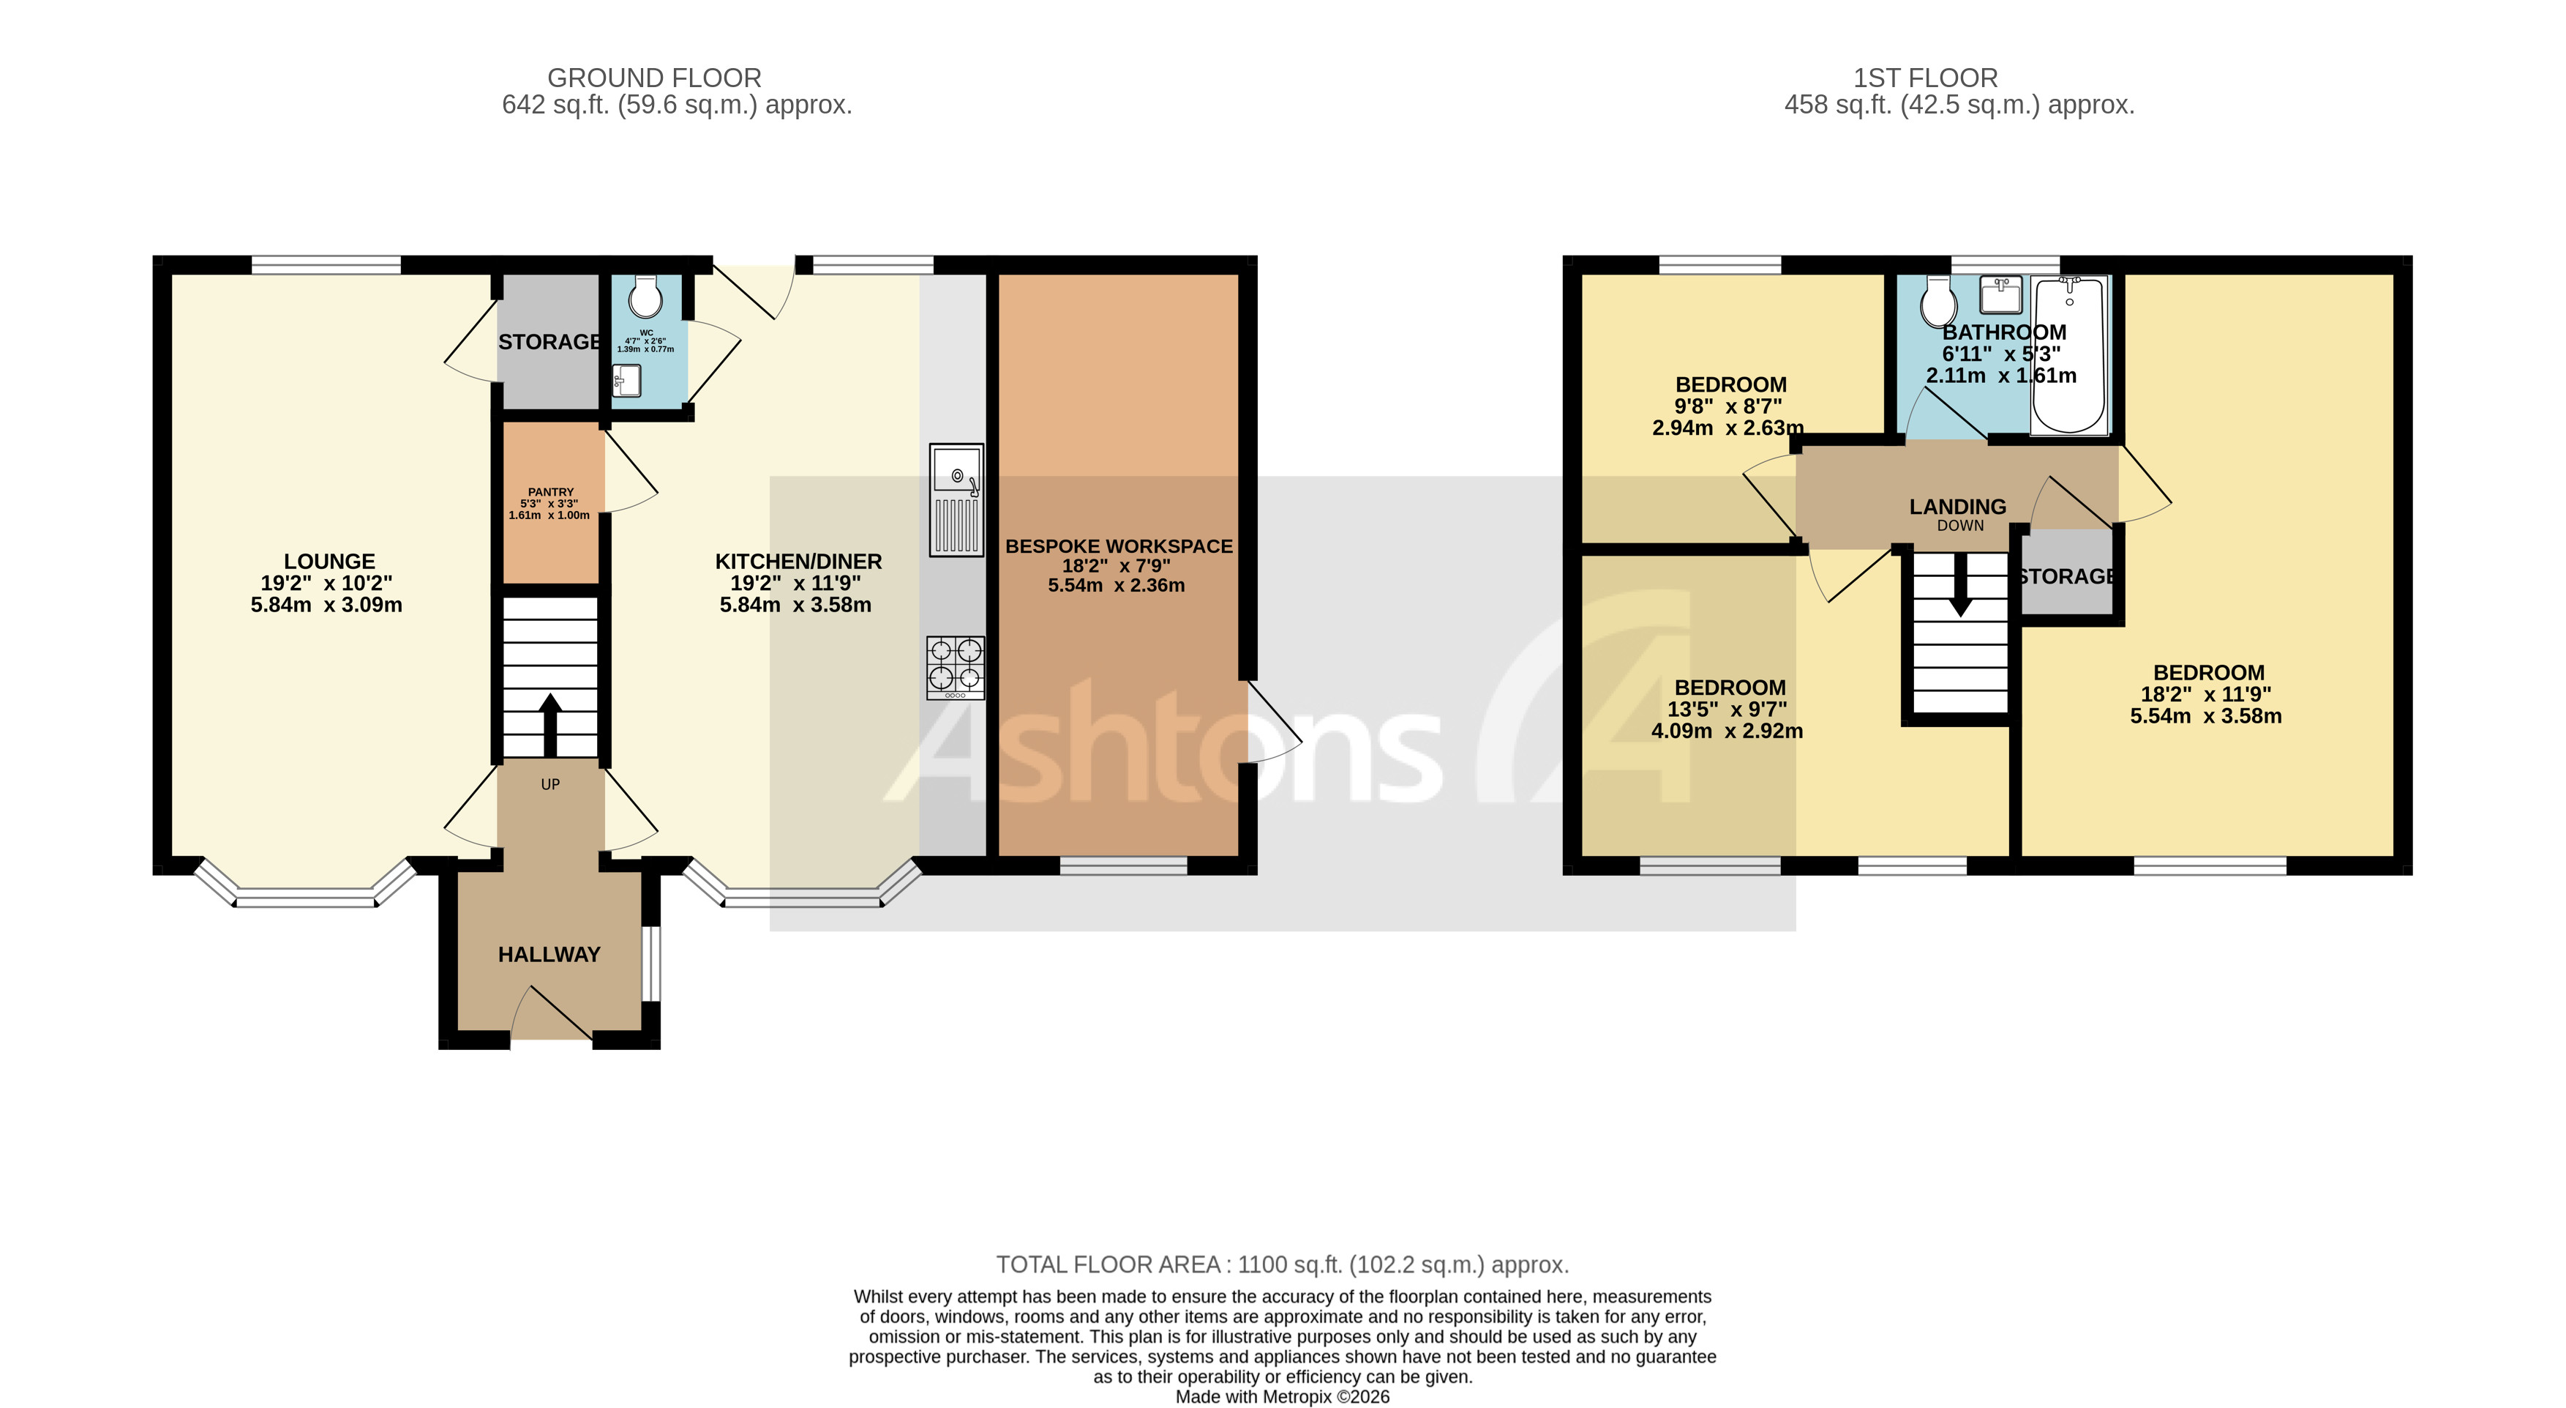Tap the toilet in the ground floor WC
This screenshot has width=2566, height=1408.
point(645,296)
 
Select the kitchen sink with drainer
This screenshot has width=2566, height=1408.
point(956,499)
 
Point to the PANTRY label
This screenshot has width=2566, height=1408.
point(551,492)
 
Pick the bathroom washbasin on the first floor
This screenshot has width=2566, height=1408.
point(2000,294)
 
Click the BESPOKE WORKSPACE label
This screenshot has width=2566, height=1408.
point(1119,546)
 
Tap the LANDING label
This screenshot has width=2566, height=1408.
point(1957,506)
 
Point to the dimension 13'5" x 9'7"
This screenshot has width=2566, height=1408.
point(1727,709)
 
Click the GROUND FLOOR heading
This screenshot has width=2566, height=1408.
point(653,78)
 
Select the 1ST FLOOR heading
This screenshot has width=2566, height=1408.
point(1924,78)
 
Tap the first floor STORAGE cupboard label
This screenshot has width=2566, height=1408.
point(2068,576)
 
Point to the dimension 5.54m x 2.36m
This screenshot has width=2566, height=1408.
point(1116,586)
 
